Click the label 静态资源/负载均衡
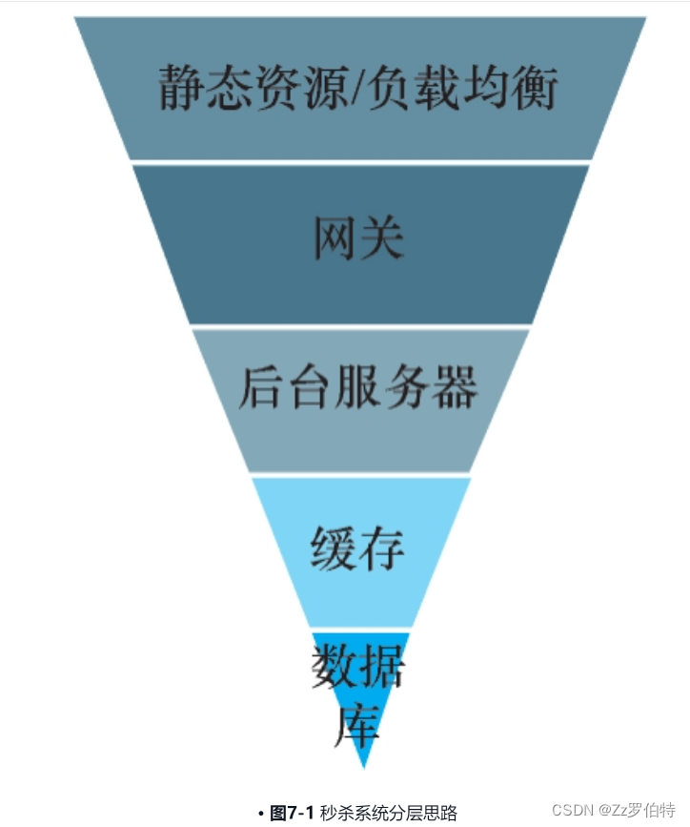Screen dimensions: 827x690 coord(357,89)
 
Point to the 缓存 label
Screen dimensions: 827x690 coord(358,548)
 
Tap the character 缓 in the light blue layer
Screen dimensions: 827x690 coord(335,548)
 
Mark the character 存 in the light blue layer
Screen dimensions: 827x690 coord(382,548)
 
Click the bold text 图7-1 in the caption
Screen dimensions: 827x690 coord(292,813)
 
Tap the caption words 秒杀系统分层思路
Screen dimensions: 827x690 coord(388,813)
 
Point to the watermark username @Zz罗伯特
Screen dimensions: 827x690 coord(637,810)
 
